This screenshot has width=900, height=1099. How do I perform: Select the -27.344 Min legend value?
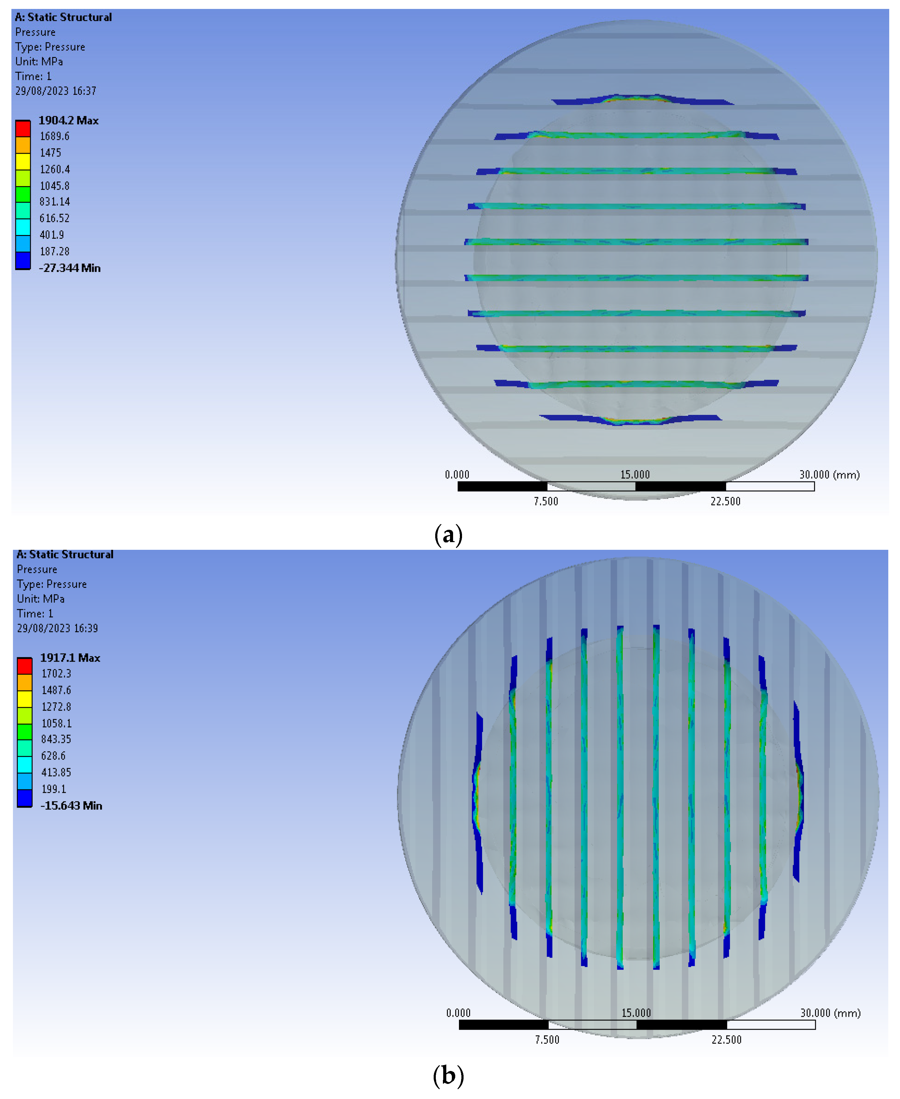[69, 268]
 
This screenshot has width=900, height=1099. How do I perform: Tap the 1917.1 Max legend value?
[70, 658]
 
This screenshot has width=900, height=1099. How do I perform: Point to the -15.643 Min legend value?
[71, 805]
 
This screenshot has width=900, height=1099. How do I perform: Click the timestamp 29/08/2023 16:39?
[57, 628]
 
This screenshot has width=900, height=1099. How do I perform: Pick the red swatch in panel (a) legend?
[23, 128]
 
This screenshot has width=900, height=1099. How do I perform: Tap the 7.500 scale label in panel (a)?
[546, 501]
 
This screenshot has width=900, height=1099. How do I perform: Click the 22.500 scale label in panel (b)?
[726, 1040]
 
